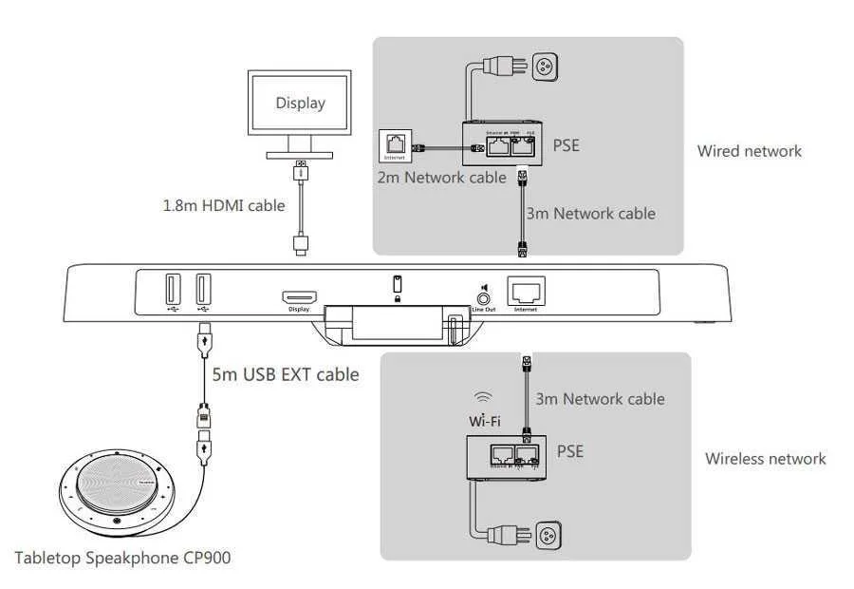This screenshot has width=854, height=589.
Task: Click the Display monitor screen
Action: pyautogui.click(x=300, y=104)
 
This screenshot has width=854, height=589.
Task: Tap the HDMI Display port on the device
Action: pyautogui.click(x=299, y=297)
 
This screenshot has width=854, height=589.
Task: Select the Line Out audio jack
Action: pyautogui.click(x=480, y=295)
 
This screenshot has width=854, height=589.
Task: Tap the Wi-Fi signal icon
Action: pyautogui.click(x=484, y=397)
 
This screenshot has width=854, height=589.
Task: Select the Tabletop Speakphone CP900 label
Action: pyautogui.click(x=122, y=558)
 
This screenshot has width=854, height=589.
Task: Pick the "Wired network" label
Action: pyautogui.click(x=749, y=151)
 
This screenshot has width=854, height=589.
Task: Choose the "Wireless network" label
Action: pyautogui.click(x=765, y=459)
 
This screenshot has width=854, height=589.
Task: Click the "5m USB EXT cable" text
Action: pyautogui.click(x=285, y=374)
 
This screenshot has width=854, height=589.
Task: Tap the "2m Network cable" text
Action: pyautogui.click(x=442, y=178)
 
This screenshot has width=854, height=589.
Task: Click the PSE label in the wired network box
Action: pyautogui.click(x=566, y=145)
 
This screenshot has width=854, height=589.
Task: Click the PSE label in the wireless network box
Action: pyautogui.click(x=569, y=450)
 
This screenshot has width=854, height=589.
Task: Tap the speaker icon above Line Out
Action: pyautogui.click(x=482, y=276)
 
